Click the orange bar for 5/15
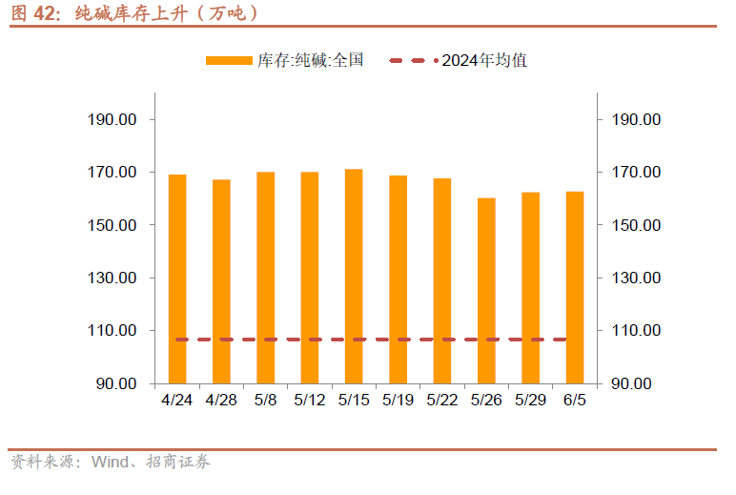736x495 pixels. (x=354, y=276)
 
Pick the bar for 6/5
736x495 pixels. (x=574, y=287)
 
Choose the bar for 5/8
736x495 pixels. (x=265, y=278)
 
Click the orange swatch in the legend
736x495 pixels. (x=229, y=60)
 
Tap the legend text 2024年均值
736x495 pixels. (x=484, y=60)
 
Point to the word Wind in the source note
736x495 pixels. (x=110, y=463)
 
